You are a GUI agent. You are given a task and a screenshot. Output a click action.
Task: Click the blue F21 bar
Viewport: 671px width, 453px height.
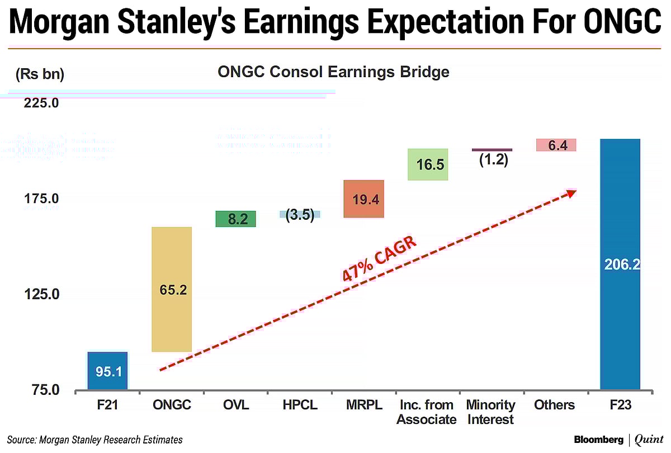107,371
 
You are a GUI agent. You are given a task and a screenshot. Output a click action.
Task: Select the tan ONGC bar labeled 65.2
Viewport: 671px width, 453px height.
172,289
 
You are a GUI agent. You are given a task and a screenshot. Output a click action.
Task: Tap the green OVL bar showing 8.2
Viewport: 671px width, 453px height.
235,219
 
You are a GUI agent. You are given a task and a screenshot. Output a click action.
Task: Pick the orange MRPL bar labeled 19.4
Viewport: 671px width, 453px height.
363,199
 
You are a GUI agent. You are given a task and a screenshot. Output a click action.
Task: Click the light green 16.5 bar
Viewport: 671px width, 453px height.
428,164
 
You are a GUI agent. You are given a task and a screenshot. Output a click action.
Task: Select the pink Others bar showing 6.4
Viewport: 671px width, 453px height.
556,145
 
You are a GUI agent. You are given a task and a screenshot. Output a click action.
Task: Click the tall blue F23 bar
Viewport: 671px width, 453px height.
620,263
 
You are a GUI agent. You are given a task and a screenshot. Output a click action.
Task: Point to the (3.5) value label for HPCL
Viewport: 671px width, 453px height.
300,215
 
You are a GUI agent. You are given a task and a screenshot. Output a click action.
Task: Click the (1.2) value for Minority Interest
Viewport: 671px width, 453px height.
493,160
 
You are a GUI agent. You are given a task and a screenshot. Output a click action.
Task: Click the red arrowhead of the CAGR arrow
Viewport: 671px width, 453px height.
571,192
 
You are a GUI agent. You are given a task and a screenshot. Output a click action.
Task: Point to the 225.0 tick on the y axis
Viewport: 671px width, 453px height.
41,103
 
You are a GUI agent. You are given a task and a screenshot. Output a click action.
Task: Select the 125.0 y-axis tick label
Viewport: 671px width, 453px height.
41,295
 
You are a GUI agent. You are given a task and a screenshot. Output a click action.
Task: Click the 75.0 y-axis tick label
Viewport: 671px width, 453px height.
41,390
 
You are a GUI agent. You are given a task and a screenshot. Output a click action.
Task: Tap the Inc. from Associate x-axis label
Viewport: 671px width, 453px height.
427,412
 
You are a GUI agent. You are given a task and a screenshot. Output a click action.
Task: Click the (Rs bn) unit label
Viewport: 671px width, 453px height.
40,74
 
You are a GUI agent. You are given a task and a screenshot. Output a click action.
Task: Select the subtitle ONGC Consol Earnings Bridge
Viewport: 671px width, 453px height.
333,72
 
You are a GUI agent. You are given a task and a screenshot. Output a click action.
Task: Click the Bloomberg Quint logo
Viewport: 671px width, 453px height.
617,440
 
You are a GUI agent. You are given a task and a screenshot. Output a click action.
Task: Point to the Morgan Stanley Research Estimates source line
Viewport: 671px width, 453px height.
95,440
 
